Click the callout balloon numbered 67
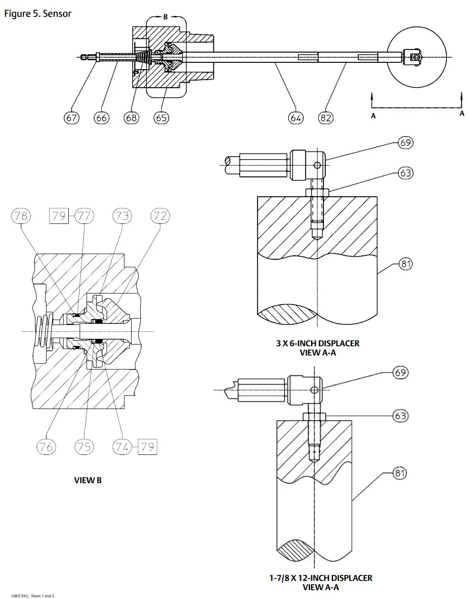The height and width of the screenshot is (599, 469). [72, 118]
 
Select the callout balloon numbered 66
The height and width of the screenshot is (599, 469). [101, 118]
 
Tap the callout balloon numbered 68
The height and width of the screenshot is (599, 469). [131, 118]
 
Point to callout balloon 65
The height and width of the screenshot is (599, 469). [161, 118]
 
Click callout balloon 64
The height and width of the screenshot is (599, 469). [296, 118]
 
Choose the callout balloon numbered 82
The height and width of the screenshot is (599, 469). [326, 118]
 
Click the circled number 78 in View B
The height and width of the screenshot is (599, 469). [21, 216]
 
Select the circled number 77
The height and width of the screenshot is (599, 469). [84, 216]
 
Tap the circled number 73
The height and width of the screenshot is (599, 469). [122, 216]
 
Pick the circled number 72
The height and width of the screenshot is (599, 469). [160, 216]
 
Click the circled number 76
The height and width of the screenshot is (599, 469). [46, 447]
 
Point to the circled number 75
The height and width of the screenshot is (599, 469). [84, 447]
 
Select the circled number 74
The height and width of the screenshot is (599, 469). [122, 447]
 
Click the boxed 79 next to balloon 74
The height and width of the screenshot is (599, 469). [147, 447]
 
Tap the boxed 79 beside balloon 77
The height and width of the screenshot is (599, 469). [59, 216]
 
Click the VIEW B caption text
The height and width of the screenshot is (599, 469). [88, 480]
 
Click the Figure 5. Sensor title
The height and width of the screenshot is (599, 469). [38, 13]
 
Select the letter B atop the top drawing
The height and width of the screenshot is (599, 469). [165, 17]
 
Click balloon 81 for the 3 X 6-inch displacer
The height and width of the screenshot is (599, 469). [405, 264]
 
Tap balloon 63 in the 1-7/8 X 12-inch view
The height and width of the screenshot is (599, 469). [400, 416]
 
